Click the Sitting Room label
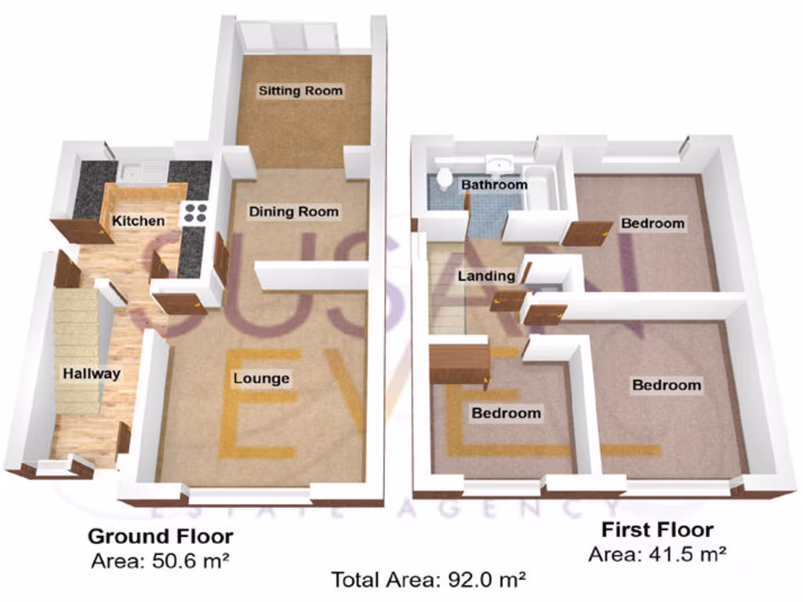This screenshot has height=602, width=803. [x=301, y=91]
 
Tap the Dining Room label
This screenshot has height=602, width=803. [x=294, y=212]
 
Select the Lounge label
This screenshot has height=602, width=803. [x=262, y=379]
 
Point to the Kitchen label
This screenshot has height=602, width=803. [x=139, y=221]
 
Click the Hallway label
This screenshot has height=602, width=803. [x=92, y=374]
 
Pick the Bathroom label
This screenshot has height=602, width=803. [x=494, y=185]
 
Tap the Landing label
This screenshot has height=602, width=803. [x=486, y=276]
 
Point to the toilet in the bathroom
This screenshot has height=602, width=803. [x=444, y=180]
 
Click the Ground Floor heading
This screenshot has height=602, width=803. [x=160, y=537]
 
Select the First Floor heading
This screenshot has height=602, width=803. [x=657, y=530]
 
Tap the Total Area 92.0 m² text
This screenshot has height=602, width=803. [x=428, y=580]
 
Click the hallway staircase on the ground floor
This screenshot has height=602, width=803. [x=77, y=345]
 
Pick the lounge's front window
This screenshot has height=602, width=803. [x=249, y=496]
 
